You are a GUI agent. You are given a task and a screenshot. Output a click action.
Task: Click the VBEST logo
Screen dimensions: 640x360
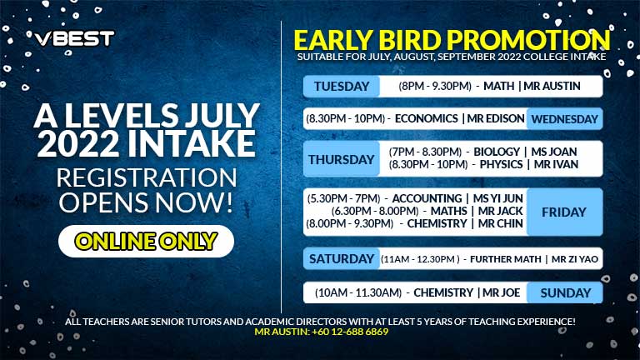[74, 39]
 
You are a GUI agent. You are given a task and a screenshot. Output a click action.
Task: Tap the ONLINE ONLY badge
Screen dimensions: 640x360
[146, 241]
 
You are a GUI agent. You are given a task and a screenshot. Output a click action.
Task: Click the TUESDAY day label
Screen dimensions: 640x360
[342, 86]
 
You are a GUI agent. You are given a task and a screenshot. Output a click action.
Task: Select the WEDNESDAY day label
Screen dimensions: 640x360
[564, 119]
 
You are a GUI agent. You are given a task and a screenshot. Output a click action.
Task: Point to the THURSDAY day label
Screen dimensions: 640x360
[342, 159]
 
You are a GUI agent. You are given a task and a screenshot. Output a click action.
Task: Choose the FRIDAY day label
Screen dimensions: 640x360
[564, 212]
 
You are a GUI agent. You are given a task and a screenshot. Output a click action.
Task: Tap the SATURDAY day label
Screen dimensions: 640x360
[342, 259]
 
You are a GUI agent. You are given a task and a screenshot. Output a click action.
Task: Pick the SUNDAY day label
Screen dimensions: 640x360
[565, 292]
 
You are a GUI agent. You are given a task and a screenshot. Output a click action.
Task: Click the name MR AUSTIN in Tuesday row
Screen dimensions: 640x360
[552, 86]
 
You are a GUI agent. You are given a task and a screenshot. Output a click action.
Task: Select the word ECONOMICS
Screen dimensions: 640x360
[427, 119]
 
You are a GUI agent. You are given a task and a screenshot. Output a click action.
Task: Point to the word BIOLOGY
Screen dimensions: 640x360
[497, 152]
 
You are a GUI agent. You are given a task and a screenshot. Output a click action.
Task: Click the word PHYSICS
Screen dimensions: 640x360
[501, 164]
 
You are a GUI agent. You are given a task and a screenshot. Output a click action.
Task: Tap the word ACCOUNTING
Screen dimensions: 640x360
[427, 199]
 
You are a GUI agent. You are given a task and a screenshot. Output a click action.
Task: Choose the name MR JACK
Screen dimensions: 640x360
[500, 211]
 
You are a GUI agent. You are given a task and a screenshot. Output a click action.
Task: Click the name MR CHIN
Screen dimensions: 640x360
[500, 223]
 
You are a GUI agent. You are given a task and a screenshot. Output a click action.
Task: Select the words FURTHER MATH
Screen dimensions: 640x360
[506, 259]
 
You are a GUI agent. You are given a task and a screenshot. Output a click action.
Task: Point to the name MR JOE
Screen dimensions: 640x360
[501, 292]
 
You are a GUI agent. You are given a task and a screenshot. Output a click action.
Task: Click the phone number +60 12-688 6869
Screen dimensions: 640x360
[350, 332]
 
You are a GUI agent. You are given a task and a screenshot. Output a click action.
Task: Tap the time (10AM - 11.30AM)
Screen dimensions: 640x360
[358, 292]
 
